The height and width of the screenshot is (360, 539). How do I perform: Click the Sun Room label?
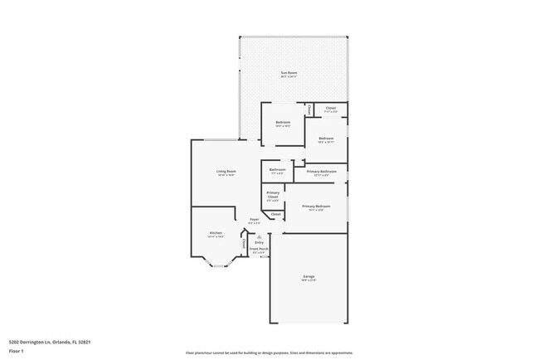point(289,74)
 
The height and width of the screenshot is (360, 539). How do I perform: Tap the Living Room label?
point(226,172)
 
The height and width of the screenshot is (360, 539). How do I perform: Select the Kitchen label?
point(216,233)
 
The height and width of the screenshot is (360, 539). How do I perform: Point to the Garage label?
point(308,276)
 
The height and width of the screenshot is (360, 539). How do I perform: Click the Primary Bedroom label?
point(316,206)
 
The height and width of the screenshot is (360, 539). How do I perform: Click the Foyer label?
point(254,220)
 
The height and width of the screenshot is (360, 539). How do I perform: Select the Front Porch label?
point(260,249)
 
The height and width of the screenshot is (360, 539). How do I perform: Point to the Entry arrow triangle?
point(259,236)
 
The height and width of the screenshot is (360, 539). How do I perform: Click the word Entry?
point(259,242)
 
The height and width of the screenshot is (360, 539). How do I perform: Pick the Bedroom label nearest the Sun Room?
point(283,123)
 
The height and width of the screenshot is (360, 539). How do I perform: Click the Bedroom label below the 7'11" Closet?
point(326,139)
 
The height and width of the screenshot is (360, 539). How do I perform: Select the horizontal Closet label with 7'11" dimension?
point(330,108)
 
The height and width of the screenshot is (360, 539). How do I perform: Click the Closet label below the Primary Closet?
point(275,214)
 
